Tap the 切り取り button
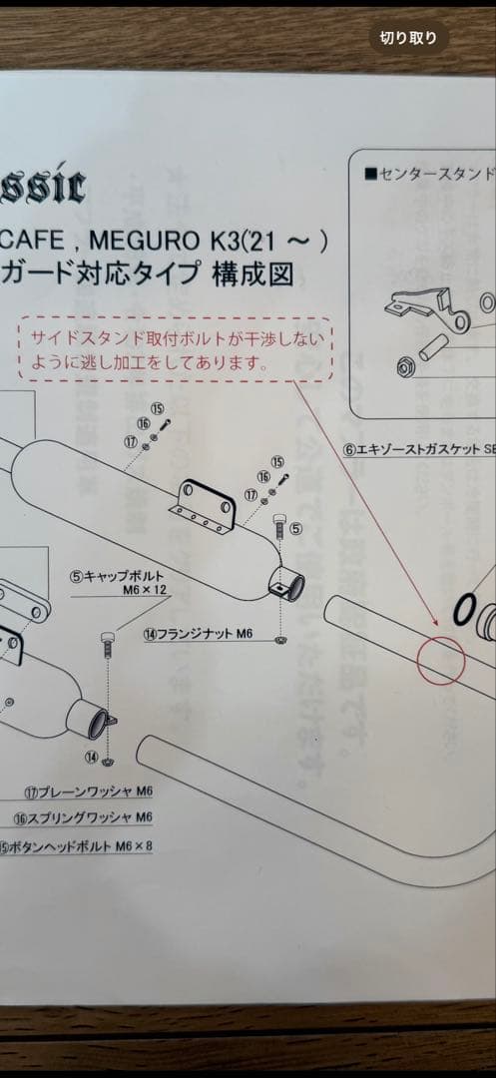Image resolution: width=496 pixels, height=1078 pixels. tap(408, 39)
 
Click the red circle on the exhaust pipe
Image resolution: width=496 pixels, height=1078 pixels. tap(440, 660)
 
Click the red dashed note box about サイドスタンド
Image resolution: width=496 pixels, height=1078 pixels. tap(174, 348)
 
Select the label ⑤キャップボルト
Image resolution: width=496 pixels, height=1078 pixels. tap(117, 576)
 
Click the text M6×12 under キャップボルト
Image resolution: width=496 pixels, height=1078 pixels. tap(141, 591)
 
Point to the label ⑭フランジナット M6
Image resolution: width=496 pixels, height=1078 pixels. tap(199, 633)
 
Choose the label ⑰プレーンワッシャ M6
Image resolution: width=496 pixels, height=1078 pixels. tap(89, 793)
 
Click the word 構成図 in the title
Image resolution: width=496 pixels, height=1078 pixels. tap(253, 273)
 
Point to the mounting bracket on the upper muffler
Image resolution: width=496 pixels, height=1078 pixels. tap(206, 504)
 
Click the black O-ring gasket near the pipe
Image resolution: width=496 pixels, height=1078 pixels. tap(463, 610)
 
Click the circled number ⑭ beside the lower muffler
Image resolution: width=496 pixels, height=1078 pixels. tap(92, 758)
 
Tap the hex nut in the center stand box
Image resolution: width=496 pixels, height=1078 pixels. tap(407, 368)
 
